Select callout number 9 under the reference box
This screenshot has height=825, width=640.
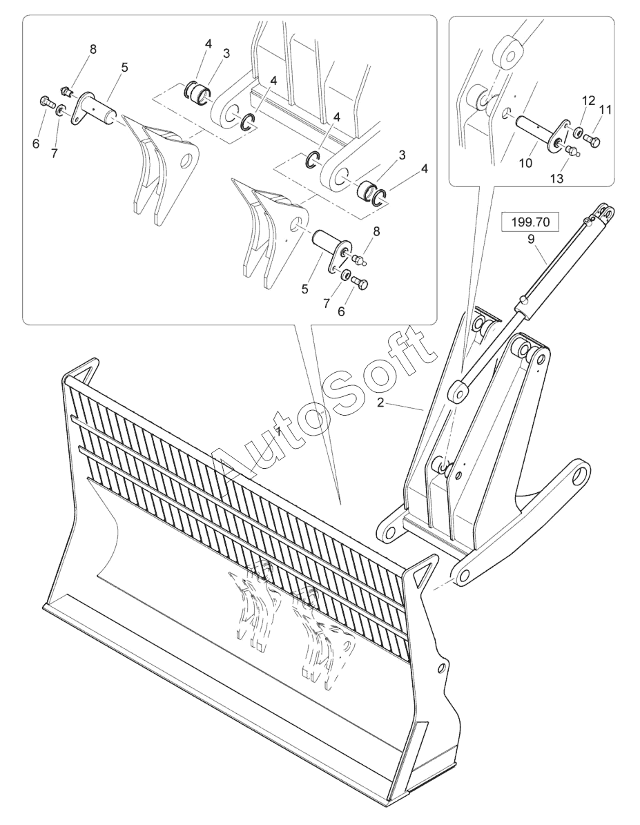pos(531,240)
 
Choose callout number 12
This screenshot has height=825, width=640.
pos(588,101)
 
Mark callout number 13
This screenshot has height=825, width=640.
pos(556,178)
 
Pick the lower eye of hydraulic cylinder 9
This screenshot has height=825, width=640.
pos(457,390)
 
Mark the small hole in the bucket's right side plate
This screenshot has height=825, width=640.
pos(440,667)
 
